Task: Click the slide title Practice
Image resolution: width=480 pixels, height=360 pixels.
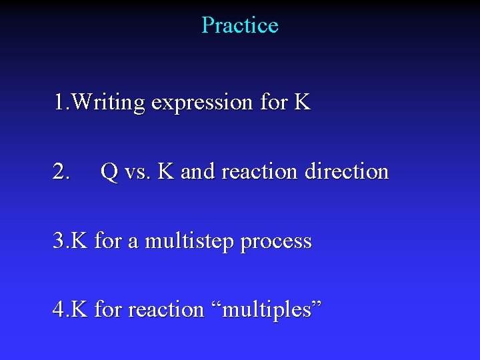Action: click(x=239, y=25)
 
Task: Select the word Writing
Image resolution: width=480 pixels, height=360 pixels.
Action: click(x=109, y=103)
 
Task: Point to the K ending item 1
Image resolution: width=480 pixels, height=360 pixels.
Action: click(x=302, y=103)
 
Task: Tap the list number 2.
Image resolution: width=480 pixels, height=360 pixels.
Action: click(x=61, y=172)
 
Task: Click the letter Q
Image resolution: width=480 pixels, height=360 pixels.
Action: click(x=109, y=172)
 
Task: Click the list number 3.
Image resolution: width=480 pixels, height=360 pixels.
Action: click(x=60, y=241)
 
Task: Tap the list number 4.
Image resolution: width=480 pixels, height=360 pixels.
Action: click(x=60, y=310)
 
